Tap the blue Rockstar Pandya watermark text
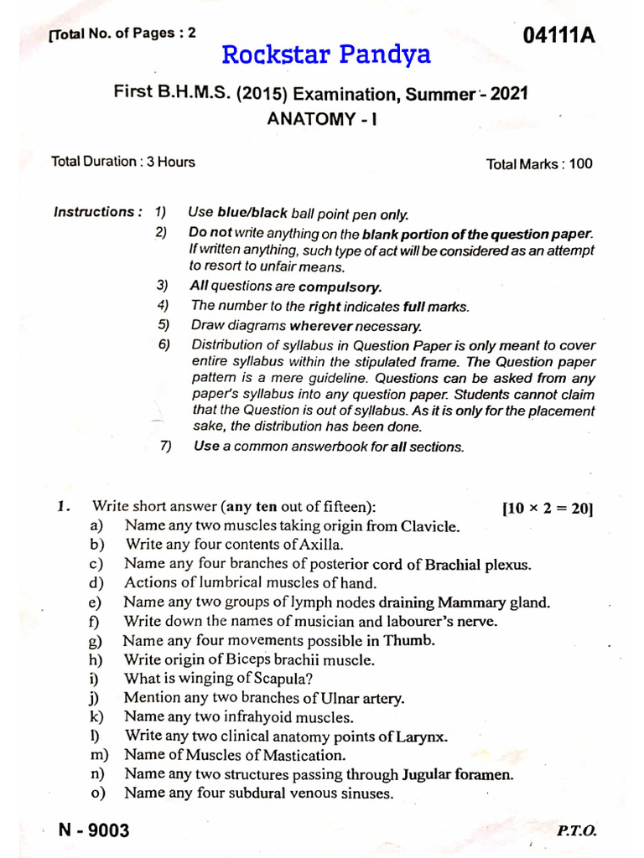click(x=326, y=55)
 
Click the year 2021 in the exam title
click(x=509, y=94)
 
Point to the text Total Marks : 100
click(x=538, y=164)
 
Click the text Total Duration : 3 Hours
click(x=123, y=162)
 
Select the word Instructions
click(x=96, y=212)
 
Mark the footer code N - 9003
click(x=94, y=830)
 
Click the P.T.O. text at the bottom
click(x=576, y=831)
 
